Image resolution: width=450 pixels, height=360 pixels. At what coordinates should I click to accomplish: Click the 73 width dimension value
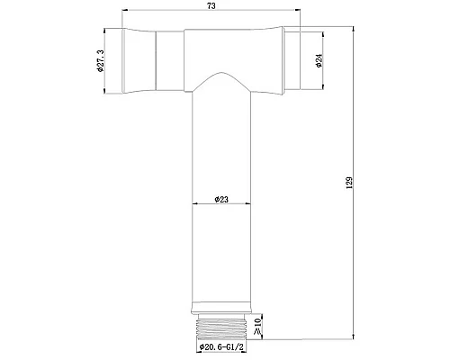pos(211,6)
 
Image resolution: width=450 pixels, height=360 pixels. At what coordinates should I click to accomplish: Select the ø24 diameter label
pos(319,61)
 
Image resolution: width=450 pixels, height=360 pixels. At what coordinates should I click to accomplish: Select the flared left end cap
pos(139,61)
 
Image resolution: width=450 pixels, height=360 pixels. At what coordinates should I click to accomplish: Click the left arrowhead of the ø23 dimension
pos(194,205)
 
